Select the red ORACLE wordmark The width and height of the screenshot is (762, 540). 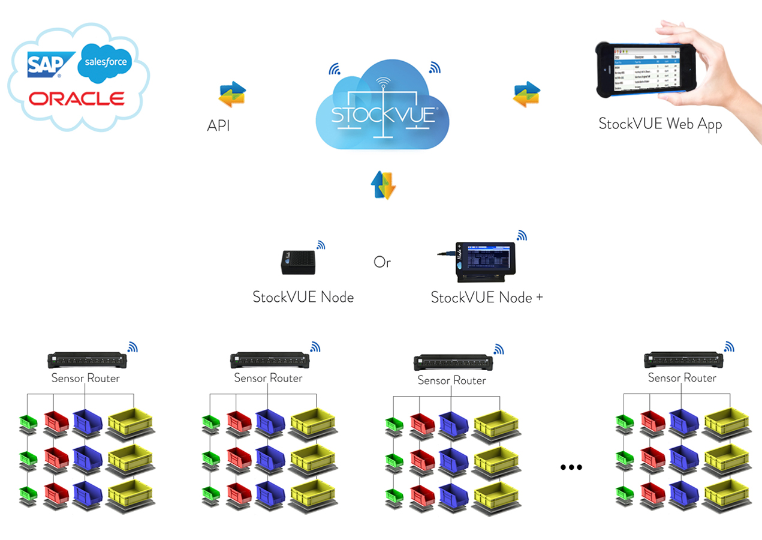pyautogui.click(x=77, y=98)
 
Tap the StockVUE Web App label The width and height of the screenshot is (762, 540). pyautogui.click(x=660, y=124)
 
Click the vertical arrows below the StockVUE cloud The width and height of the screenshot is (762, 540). pyautogui.click(x=383, y=184)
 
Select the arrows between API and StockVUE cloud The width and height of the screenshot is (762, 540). pyautogui.click(x=232, y=94)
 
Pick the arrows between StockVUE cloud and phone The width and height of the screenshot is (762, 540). pyautogui.click(x=527, y=95)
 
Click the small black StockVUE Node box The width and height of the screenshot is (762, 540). pyautogui.click(x=299, y=262)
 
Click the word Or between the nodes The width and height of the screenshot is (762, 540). pyautogui.click(x=382, y=262)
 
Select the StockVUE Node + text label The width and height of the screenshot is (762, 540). pyautogui.click(x=487, y=297)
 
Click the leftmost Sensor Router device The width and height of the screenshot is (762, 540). pyautogui.click(x=87, y=360)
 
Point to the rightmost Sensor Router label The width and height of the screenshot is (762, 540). pyautogui.click(x=682, y=378)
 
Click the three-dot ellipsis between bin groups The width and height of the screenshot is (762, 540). pyautogui.click(x=571, y=467)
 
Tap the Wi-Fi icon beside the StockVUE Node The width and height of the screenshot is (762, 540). pyautogui.click(x=321, y=245)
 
